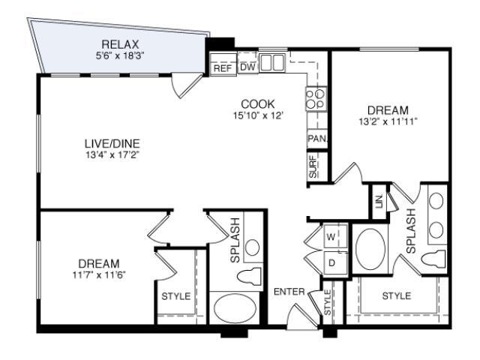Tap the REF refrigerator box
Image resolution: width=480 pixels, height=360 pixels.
coord(223,64)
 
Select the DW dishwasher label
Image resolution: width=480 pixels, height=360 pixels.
coord(247,67)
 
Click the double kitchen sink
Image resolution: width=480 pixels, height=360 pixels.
coord(272,63)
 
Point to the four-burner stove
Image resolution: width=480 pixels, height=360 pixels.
coord(316,98)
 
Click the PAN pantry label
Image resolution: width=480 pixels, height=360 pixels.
coord(317,139)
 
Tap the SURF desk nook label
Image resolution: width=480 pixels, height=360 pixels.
coord(313,166)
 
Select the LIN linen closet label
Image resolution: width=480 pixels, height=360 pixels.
coord(379,202)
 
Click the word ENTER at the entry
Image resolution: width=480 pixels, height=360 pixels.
coord(289,292)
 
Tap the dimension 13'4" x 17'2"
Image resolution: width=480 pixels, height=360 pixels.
coord(112,155)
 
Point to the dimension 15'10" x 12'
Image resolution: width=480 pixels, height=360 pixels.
coord(257,115)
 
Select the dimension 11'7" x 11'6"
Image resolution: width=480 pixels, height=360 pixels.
coord(99,275)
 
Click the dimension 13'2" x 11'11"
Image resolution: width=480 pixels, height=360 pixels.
coord(388,121)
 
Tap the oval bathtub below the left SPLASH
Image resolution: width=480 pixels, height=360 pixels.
coord(235,308)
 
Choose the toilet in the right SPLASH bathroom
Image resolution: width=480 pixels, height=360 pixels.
coord(433,259)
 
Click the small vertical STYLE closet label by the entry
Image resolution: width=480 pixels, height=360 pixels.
coord(328,302)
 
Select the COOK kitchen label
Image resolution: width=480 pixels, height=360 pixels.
coord(258,104)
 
